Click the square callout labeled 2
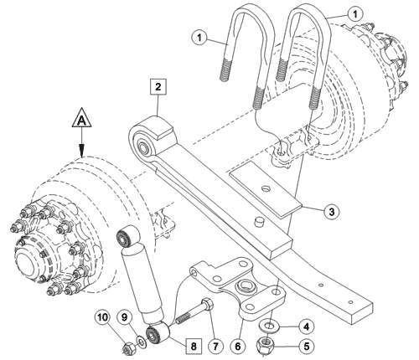[158, 87]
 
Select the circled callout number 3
[331, 212]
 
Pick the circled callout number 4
[307, 327]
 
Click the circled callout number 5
[307, 347]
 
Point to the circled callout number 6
[238, 347]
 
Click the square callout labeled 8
[194, 347]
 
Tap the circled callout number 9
[124, 317]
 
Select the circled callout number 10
[102, 317]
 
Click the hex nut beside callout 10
[128, 347]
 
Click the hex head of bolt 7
[208, 303]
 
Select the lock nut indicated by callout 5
[265, 344]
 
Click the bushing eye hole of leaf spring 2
[145, 147]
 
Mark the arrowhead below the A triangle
[81, 150]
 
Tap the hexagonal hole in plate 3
[266, 188]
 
